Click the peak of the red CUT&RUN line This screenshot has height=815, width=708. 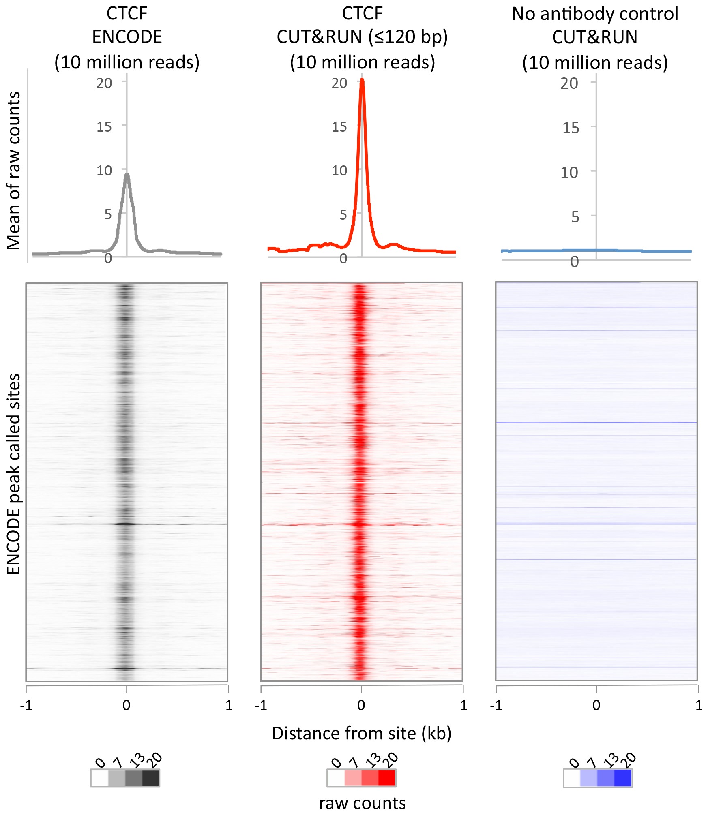coord(362,81)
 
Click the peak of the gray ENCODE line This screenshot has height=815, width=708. coord(127,175)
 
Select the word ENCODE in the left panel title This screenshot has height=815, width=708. coord(127,37)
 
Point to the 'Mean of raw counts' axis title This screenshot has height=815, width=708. coord(13,170)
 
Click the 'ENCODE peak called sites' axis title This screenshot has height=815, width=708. coord(13,474)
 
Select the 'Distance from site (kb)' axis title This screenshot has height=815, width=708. coord(362,733)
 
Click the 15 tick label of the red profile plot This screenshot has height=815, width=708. coord(339,127)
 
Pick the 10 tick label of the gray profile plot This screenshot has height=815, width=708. coord(104,171)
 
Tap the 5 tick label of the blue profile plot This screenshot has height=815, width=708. coord(575,217)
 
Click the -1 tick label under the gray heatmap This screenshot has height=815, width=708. coord(26,705)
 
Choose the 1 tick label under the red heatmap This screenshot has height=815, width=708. coord(463,705)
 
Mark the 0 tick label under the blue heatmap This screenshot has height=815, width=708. coord(596,705)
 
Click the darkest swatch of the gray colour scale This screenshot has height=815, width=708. coord(150,778)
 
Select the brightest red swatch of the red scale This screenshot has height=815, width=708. coord(386,778)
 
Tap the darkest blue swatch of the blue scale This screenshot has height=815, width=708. coord(623,778)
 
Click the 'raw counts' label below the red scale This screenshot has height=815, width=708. coord(362,803)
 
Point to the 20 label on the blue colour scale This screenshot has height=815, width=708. coord(630,760)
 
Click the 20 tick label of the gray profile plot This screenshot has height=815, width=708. coord(104,83)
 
